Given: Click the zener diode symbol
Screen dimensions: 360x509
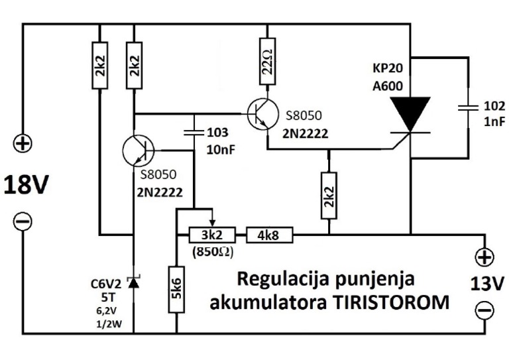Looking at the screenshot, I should point(134,283).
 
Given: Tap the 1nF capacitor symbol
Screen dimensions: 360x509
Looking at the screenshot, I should point(468,105).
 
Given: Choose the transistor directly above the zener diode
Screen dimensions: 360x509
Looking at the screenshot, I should point(139,151).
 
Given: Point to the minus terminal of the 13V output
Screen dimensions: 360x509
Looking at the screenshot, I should point(484,310).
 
